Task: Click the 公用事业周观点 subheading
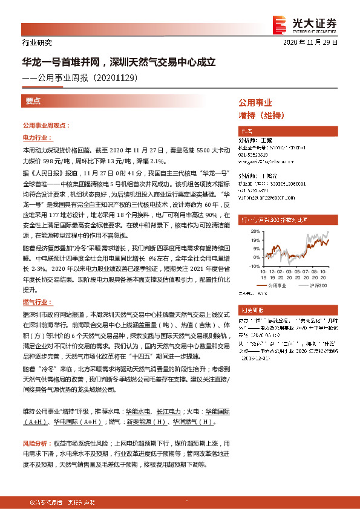(x=46, y=126)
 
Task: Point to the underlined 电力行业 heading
(x=36, y=138)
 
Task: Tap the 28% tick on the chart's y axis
(x=249, y=231)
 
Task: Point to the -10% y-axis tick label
(x=248, y=262)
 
